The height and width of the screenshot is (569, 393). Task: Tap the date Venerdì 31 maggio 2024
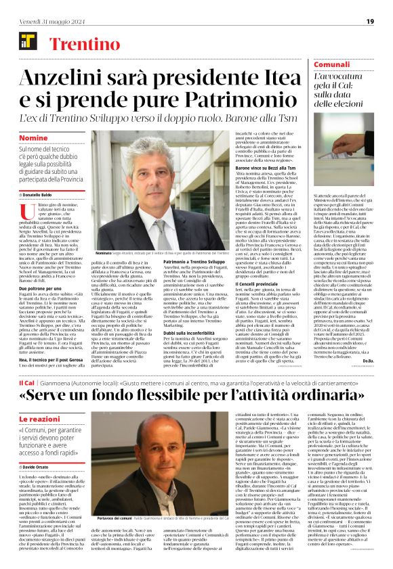(45, 21)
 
